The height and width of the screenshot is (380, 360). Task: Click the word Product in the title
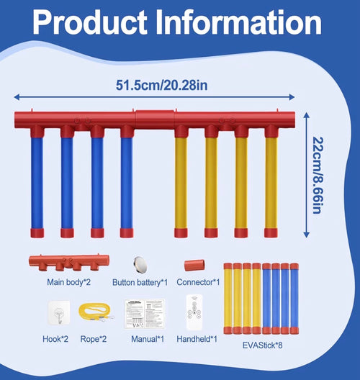[x=90, y=22]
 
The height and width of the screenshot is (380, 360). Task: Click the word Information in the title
[x=239, y=22]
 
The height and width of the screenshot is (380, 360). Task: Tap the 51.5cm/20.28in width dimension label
[x=162, y=85]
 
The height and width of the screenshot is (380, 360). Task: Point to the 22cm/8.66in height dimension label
[x=318, y=175]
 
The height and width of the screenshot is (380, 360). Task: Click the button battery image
[x=140, y=263]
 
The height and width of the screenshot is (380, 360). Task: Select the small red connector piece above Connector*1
[x=194, y=266]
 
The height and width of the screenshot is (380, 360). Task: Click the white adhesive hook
[x=59, y=312]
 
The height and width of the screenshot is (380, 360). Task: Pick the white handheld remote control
[x=194, y=312]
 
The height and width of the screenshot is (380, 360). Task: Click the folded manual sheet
[x=145, y=314]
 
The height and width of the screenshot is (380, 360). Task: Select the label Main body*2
[x=68, y=282]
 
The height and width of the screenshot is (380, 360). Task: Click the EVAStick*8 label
[x=263, y=345]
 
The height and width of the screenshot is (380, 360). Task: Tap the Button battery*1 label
[x=140, y=282]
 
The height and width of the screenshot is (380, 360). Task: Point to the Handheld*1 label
[x=197, y=339]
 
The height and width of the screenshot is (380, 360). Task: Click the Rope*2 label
[x=94, y=339]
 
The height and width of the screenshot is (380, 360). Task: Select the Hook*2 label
[x=55, y=339]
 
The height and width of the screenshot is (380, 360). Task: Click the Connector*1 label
[x=198, y=282]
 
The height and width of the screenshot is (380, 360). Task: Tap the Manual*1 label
[x=148, y=339]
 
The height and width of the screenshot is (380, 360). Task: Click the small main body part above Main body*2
[x=69, y=262]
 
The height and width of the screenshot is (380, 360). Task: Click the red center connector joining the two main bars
[x=155, y=119]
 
